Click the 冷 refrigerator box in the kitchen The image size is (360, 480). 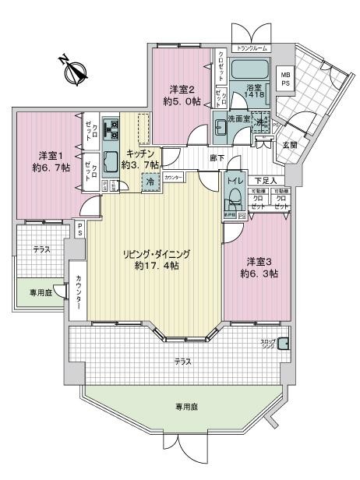click(148, 182)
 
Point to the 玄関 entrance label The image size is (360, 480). click(289, 145)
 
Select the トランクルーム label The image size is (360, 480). click(250, 48)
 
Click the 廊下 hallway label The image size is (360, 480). click(216, 158)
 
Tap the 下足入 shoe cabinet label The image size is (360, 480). click(265, 181)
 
